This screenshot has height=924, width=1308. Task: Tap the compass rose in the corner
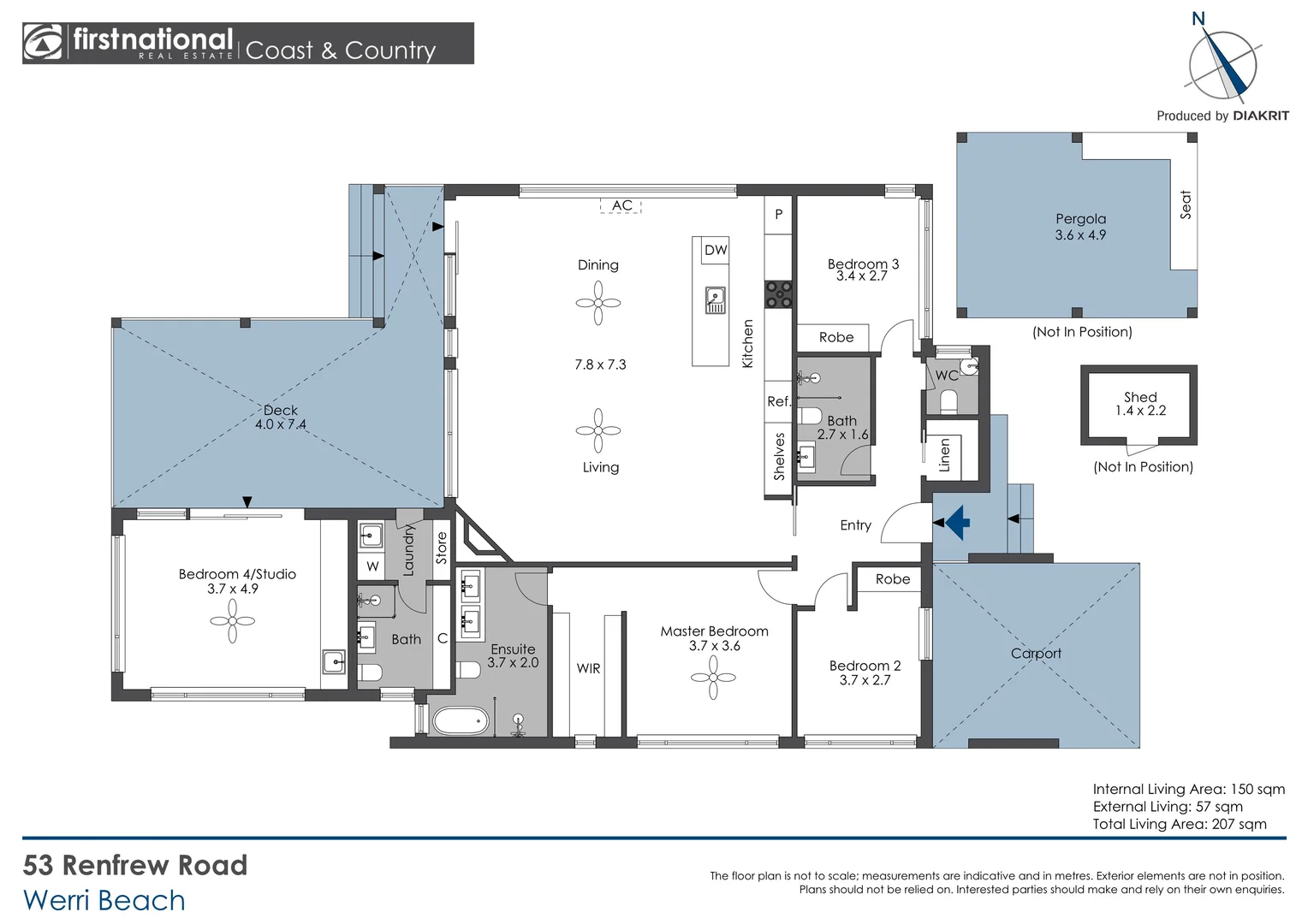click(x=1222, y=65)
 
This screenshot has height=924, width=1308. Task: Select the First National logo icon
click(x=43, y=43)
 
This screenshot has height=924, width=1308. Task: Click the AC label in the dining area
click(x=621, y=205)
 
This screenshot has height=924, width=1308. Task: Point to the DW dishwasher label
click(x=716, y=250)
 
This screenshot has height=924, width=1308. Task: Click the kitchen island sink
click(x=715, y=300)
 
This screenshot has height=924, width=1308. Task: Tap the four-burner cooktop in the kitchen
click(x=778, y=294)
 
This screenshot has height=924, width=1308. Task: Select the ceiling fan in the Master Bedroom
click(x=713, y=678)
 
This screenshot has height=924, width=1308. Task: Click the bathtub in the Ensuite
click(x=461, y=720)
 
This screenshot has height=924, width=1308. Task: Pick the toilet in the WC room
click(x=948, y=400)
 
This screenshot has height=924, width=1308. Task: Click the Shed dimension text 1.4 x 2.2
click(x=1140, y=411)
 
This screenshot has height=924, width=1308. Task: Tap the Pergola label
click(x=1080, y=219)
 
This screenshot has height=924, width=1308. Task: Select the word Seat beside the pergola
click(x=1186, y=204)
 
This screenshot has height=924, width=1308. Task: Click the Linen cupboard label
click(x=945, y=455)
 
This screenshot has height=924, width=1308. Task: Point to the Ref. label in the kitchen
click(x=778, y=401)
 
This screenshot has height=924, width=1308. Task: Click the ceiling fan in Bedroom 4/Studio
click(x=232, y=621)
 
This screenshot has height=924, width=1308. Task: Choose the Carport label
click(x=1036, y=654)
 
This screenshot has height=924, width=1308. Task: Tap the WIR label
click(x=588, y=668)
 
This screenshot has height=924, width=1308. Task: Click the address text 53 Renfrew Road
click(x=135, y=865)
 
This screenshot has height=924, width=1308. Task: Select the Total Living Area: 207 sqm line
click(x=1179, y=824)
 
